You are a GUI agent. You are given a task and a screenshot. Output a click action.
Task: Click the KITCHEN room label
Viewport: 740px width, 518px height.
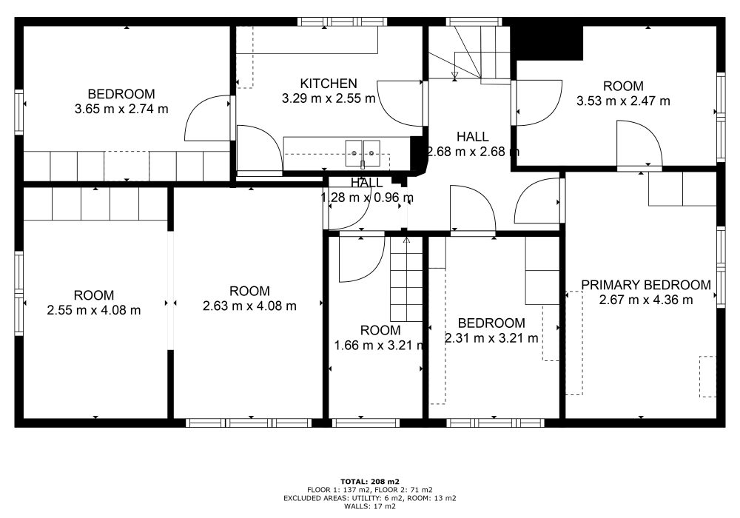(x=329, y=84)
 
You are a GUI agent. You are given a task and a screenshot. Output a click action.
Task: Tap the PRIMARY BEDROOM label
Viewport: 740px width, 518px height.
(x=645, y=285)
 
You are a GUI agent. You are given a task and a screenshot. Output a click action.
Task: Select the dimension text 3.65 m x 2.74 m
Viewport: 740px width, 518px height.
(x=121, y=109)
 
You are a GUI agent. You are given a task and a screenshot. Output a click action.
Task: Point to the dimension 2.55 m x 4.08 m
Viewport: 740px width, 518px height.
(x=94, y=310)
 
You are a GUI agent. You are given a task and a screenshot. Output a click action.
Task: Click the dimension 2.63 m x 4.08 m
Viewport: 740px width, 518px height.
(x=249, y=306)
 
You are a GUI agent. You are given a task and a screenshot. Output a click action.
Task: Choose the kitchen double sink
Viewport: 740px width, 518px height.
(x=363, y=153)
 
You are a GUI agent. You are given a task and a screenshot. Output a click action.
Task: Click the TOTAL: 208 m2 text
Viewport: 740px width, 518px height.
(x=370, y=482)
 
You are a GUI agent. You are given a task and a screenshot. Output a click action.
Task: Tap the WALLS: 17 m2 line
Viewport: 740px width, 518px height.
(x=370, y=507)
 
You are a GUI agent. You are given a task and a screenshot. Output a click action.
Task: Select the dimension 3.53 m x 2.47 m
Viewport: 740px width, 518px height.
(x=623, y=101)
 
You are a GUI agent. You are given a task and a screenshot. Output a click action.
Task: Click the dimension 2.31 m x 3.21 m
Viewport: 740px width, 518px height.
(x=491, y=338)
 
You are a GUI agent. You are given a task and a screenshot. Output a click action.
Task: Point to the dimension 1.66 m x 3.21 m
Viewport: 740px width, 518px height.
(x=379, y=346)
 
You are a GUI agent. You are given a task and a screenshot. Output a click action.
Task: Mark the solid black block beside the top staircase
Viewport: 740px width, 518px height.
(x=548, y=42)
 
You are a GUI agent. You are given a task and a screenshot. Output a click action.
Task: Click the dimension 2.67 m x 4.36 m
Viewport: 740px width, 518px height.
(x=645, y=300)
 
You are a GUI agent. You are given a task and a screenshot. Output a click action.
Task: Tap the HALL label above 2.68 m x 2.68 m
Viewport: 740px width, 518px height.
(x=472, y=137)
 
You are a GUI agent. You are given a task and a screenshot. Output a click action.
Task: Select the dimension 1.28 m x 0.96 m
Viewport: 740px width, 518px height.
(x=367, y=198)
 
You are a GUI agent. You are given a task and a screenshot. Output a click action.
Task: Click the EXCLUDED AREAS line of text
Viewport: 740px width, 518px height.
(x=370, y=498)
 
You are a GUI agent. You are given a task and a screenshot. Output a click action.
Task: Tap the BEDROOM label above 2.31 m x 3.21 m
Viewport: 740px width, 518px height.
(x=491, y=323)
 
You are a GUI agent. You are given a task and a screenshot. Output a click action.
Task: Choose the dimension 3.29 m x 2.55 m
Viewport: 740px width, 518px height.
(x=329, y=98)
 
